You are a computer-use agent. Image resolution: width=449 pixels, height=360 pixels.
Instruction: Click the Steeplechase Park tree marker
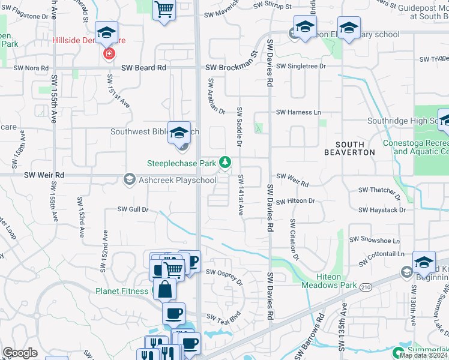click(x=225, y=162)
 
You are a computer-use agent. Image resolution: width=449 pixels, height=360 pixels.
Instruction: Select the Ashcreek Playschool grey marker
click(x=129, y=179)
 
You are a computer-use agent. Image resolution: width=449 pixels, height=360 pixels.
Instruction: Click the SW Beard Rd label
click(x=143, y=68)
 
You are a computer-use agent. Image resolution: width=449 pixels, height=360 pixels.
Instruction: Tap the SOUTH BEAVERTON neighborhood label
click(x=350, y=148)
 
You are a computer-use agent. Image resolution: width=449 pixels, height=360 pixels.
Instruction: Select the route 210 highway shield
click(x=366, y=287)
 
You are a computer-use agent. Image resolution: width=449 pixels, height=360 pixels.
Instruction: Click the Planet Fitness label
click(x=122, y=291)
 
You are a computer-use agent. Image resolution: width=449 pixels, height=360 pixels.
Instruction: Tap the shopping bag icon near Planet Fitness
click(x=165, y=289)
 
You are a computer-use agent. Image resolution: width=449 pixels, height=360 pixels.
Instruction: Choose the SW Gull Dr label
click(x=133, y=209)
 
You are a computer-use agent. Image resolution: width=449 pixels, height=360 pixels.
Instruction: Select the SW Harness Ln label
click(x=298, y=112)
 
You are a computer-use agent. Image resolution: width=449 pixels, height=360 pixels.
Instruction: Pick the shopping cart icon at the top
click(x=164, y=9)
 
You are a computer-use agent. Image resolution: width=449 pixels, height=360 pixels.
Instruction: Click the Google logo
click(x=20, y=353)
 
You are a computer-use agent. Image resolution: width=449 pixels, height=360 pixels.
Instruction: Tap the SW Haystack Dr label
click(x=382, y=210)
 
